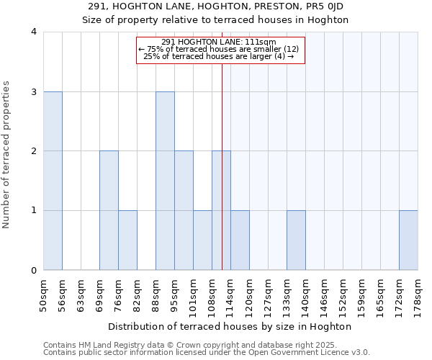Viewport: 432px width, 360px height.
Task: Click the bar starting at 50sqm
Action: point(53,181)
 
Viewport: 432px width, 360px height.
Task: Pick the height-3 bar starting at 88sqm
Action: point(165,181)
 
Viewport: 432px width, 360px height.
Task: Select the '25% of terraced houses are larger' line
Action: point(219,56)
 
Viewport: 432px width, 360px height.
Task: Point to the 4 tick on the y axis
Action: point(33,32)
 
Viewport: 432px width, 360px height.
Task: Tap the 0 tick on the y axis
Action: point(33,270)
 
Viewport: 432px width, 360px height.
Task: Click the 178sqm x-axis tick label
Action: point(418,293)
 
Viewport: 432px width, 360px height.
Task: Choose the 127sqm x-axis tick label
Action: point(269,293)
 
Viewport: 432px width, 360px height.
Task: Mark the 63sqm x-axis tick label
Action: point(81,293)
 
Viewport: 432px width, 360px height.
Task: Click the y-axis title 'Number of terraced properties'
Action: point(7,155)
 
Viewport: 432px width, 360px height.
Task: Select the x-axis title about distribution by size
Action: point(230,326)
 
